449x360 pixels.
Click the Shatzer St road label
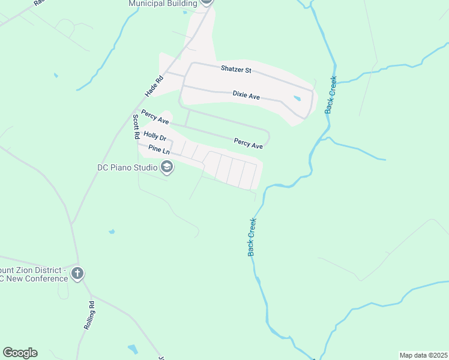235,70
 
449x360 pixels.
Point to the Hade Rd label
154,86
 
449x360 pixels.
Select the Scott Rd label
137,127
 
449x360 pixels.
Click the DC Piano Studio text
127,167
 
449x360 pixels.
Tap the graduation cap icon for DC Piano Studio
167,167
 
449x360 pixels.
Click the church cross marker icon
77,274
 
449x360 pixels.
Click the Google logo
20,353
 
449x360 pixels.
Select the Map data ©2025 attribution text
423,355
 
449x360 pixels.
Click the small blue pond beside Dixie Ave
297,98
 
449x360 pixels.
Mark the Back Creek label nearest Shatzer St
331,95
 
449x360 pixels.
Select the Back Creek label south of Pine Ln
253,237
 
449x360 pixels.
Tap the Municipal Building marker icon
206,2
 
